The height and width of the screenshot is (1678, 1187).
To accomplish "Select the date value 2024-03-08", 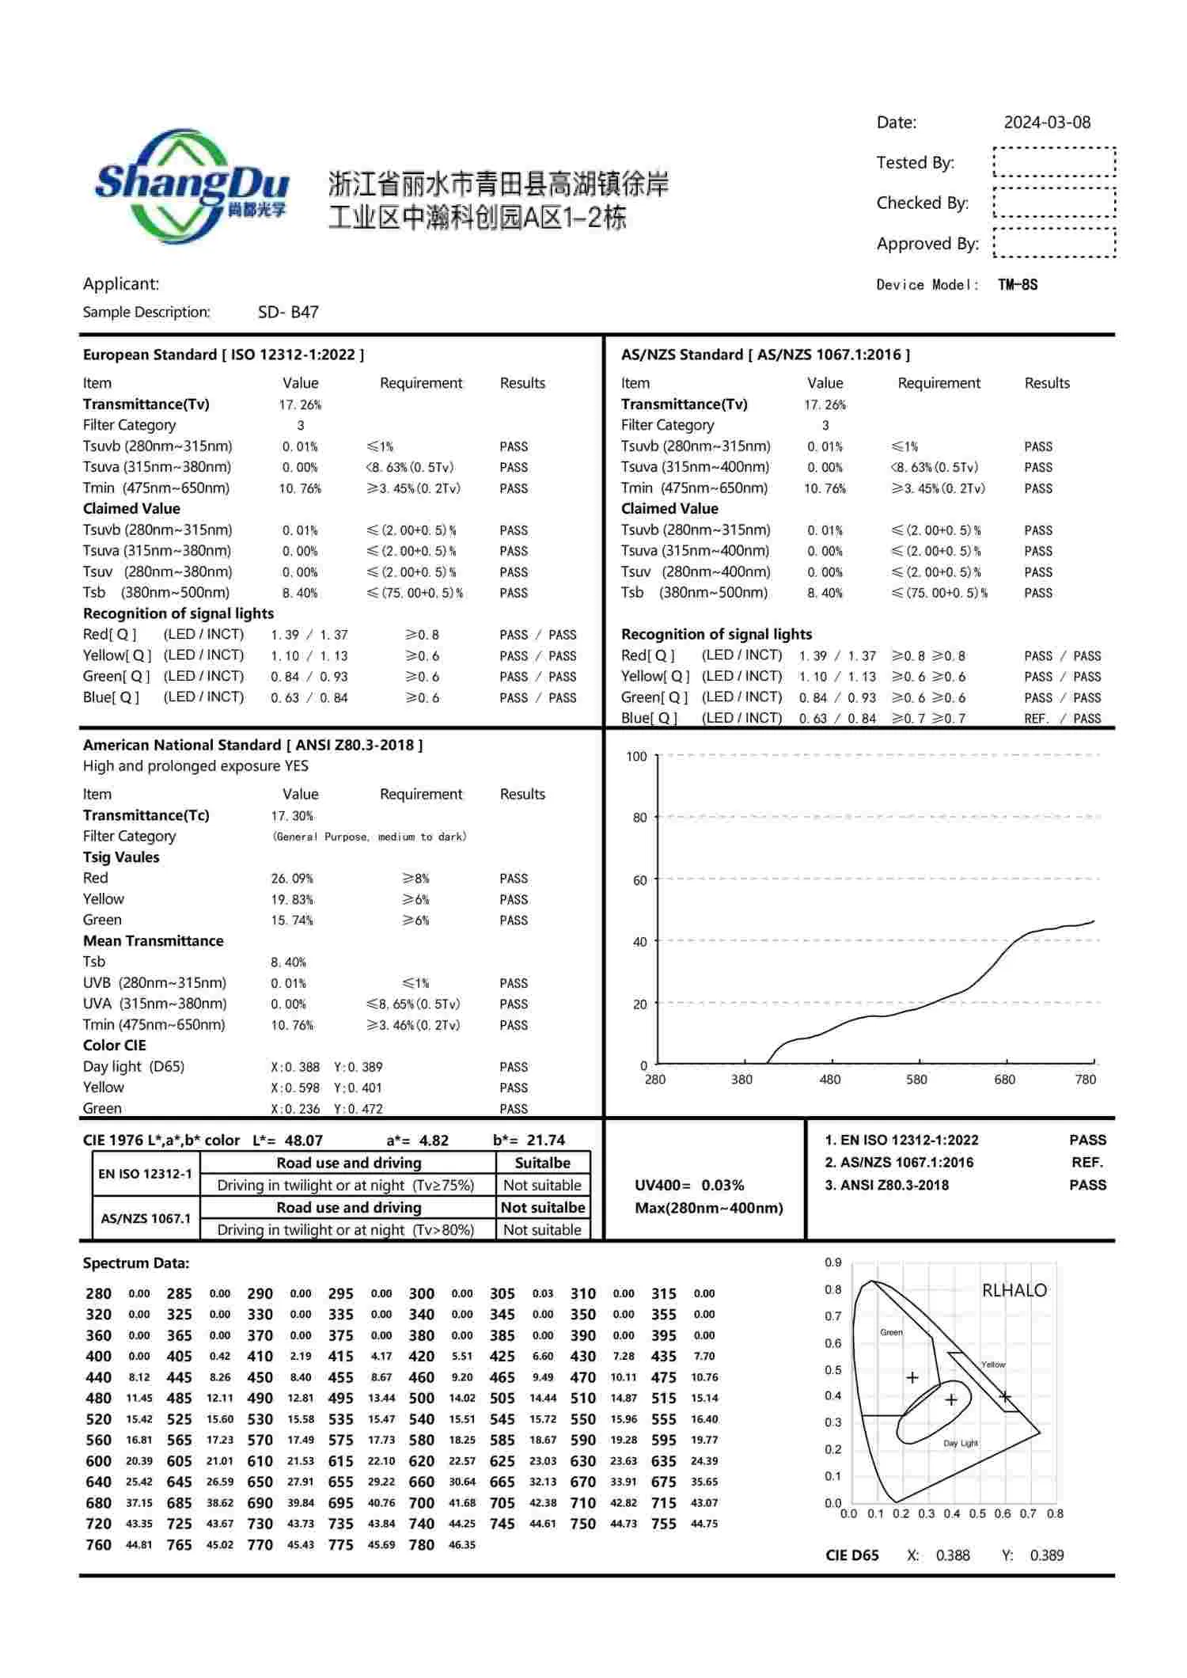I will point(1046,123).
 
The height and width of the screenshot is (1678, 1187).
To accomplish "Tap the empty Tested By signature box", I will point(1054,161).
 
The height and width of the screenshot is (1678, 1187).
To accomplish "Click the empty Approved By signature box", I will point(1054,243).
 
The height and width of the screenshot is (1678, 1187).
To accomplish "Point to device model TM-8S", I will point(1018,285).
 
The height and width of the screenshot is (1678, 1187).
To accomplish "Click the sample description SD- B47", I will point(288,312).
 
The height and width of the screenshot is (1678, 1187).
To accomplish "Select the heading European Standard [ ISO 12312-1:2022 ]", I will point(223,355).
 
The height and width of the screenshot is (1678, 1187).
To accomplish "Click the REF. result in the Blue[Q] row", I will point(1036,719).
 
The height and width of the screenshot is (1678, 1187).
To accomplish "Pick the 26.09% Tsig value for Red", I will point(292,879).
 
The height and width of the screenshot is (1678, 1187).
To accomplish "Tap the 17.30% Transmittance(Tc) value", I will point(292,816).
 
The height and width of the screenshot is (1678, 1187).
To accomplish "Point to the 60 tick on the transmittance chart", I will point(639,880).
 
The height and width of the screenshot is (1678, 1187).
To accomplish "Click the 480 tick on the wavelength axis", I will point(829,1080).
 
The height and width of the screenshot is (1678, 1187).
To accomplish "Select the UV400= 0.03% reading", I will point(689,1185).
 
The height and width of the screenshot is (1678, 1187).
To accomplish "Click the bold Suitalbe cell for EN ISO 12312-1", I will point(542,1163).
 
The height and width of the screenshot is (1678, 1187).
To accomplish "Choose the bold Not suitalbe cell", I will point(542,1207).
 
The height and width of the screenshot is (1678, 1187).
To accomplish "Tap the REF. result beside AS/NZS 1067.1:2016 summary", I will point(1087,1163).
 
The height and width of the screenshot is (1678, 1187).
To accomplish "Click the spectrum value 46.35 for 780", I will point(462,1544).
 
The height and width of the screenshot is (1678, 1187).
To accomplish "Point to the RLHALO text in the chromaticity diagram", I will point(1014,1290).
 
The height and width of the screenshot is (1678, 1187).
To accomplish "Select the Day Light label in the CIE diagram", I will point(961,1443).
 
